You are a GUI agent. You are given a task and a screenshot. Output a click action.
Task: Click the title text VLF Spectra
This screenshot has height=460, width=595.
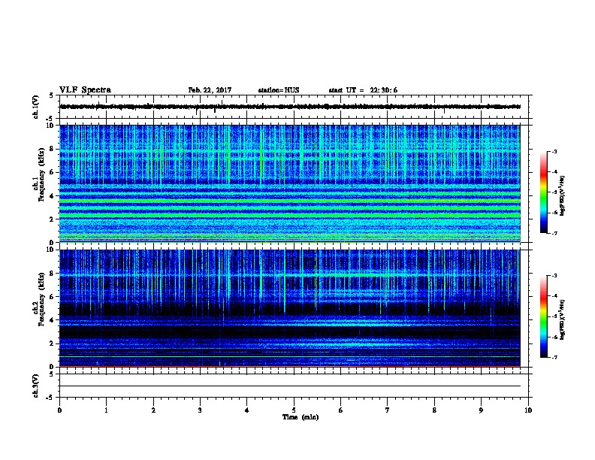85,90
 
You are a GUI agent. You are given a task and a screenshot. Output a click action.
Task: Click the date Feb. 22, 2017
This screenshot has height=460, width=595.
210,90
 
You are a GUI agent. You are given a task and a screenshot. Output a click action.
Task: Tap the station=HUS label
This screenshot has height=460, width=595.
278,90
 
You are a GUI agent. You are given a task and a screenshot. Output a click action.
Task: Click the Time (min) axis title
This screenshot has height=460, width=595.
300,417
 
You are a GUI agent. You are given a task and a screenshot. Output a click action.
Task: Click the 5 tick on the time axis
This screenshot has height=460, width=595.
294,410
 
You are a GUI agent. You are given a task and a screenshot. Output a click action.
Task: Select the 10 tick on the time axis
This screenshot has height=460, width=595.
528,410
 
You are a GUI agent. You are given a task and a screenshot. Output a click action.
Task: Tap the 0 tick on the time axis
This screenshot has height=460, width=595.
59,410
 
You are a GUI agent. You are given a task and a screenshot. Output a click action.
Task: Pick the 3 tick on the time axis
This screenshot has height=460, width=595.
201,410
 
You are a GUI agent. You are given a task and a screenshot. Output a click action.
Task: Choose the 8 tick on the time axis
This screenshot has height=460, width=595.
435,410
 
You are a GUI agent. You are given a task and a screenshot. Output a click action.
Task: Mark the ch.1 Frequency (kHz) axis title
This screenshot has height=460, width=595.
40,183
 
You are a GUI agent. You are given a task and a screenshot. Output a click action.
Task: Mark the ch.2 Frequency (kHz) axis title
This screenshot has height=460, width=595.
40,307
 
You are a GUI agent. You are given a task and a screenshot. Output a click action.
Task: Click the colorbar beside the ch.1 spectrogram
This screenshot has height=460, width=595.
551,192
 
